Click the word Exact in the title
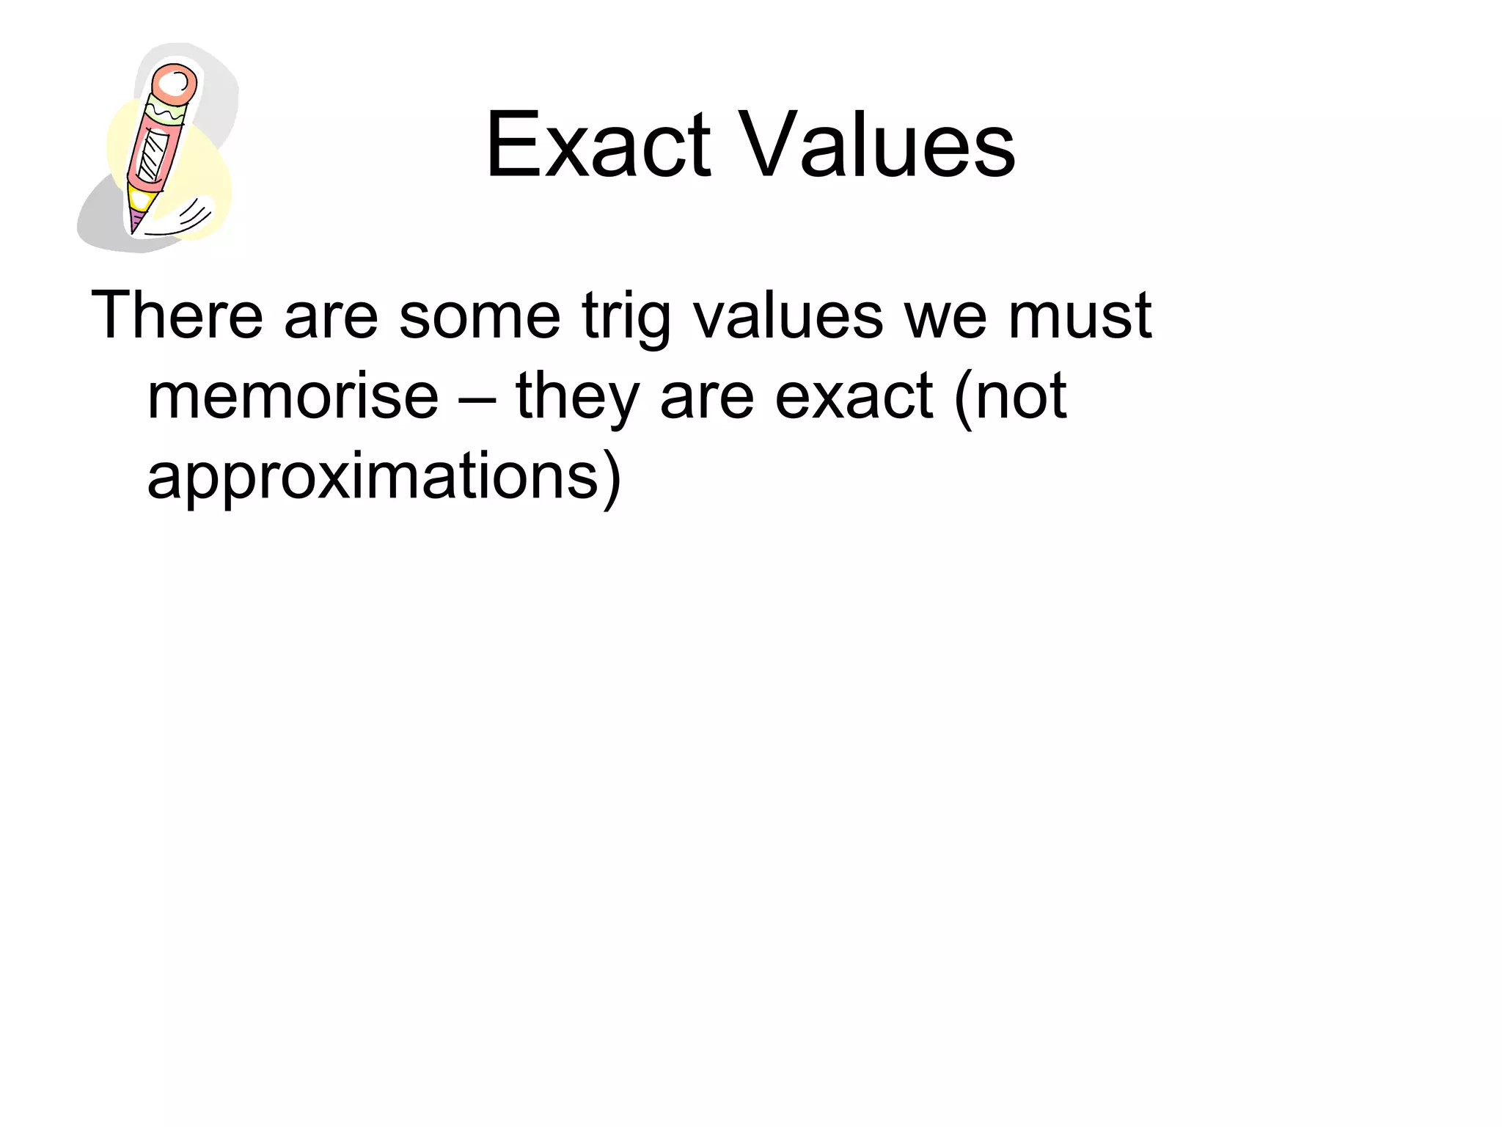[x=598, y=145]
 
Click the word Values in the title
[x=877, y=145]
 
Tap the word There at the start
[x=177, y=316]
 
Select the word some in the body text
[x=480, y=316]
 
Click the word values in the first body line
[x=788, y=316]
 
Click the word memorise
[x=293, y=396]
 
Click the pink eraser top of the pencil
[x=175, y=85]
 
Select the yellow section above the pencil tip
[x=142, y=197]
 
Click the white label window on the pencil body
[x=153, y=155]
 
